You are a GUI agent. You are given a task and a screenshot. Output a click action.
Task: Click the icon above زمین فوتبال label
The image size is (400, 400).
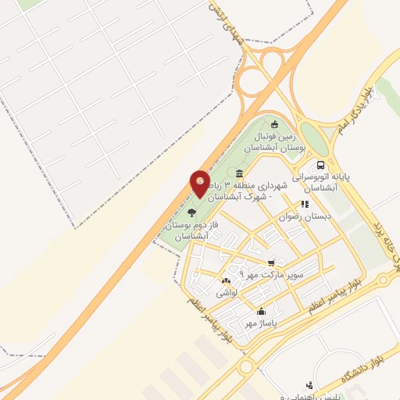273,123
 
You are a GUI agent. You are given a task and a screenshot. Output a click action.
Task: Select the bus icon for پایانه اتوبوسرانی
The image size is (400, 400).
320,165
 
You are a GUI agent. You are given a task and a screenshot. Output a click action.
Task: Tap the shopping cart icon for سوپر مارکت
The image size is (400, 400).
270,262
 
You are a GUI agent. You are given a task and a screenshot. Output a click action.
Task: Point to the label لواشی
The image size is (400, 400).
226,292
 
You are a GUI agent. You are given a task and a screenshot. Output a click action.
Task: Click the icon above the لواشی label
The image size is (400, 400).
226,280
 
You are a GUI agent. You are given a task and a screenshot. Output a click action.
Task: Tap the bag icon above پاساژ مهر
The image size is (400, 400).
261,311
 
